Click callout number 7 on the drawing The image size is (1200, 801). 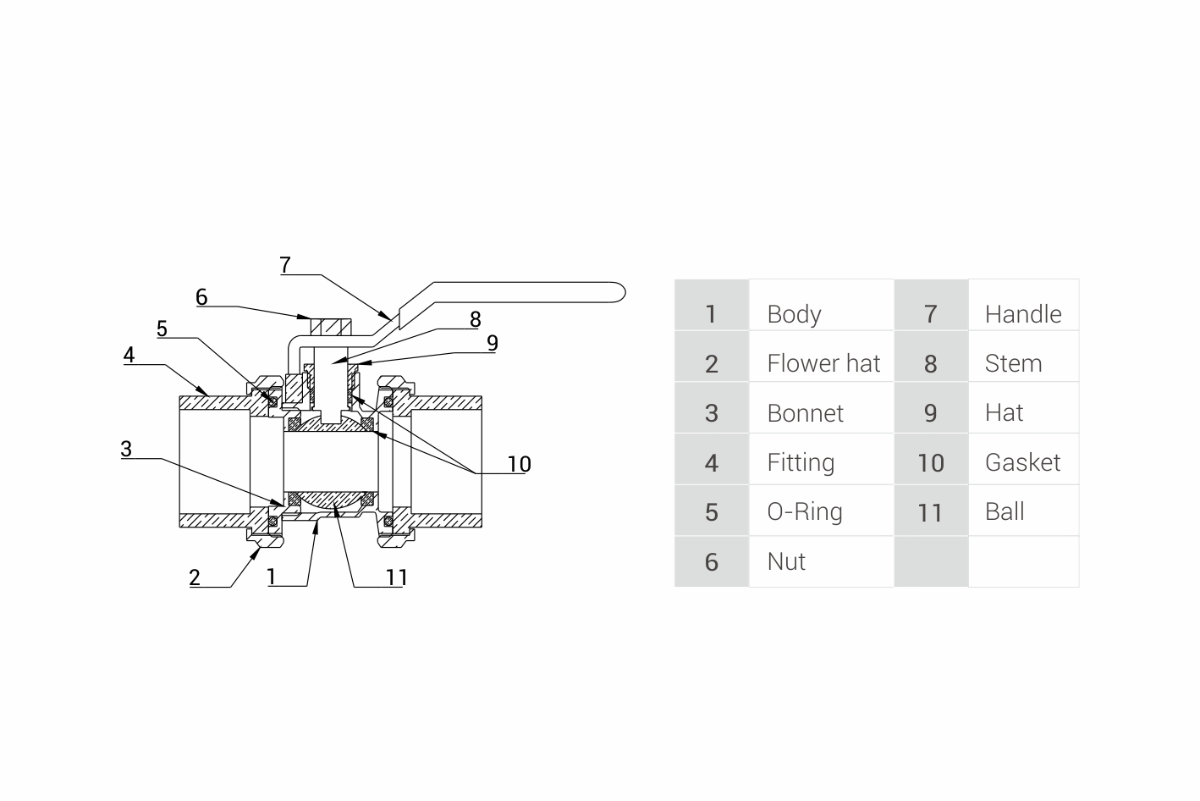click(285, 265)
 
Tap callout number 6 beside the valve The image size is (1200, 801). click(201, 297)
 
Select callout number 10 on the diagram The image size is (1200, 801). click(519, 464)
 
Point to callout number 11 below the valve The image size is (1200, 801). click(397, 577)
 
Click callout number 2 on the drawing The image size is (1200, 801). click(195, 577)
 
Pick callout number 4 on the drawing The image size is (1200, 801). click(129, 355)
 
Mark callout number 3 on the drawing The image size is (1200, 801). click(126, 449)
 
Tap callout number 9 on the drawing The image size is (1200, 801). click(493, 343)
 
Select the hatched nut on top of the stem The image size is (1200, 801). click(330, 326)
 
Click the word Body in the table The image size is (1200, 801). click(794, 314)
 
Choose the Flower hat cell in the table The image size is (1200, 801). click(823, 364)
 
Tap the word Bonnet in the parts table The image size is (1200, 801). click(805, 413)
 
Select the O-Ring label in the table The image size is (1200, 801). click(804, 512)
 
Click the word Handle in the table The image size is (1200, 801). click(1022, 314)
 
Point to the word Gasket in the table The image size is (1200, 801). click(1022, 462)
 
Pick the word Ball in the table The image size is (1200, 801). click(1005, 512)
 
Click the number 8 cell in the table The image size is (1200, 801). click(930, 364)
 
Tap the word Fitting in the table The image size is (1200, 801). click(801, 462)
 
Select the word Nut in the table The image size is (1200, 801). click(786, 561)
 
